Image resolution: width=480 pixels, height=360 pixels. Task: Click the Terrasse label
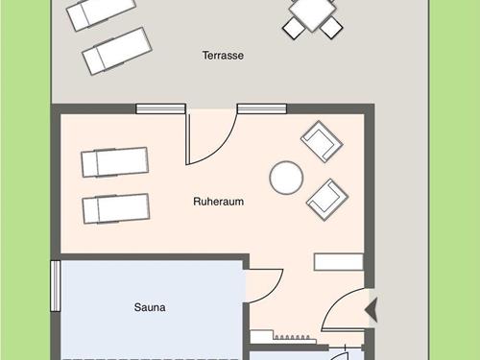coord(223,56)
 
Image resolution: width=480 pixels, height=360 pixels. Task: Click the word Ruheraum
coord(218,203)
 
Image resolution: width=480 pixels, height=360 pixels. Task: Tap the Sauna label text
coord(150,307)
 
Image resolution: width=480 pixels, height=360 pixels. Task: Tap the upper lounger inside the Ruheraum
coord(114,161)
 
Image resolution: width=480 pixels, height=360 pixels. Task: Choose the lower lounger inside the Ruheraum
coord(115,207)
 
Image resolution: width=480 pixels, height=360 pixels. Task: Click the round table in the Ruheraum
coord(286,178)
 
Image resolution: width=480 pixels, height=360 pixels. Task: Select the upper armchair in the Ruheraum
coord(322,140)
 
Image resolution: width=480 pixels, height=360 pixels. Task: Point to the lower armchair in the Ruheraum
coord(326,198)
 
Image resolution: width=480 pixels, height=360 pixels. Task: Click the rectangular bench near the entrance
coord(338,262)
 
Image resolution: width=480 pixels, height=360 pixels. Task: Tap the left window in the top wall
coord(161,108)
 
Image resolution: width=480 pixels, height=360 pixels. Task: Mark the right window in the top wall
coord(262,108)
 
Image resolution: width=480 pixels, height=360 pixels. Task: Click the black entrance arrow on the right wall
coord(373,309)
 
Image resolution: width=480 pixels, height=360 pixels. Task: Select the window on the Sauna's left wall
coord(56,285)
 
